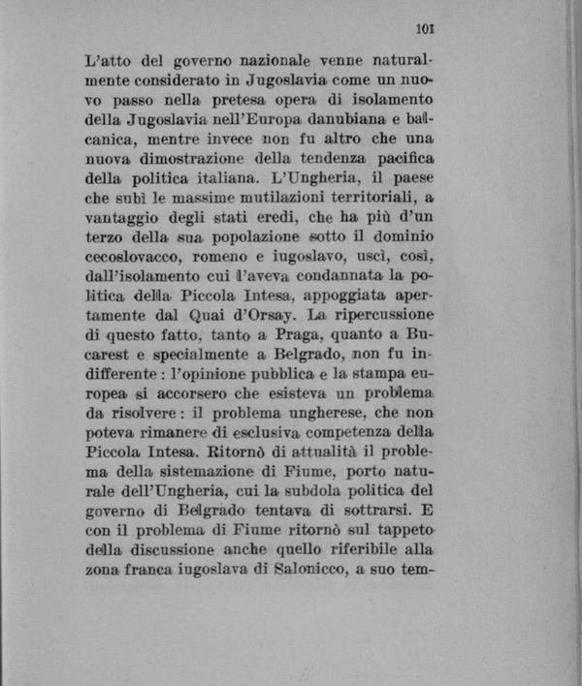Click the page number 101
(x=422, y=29)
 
